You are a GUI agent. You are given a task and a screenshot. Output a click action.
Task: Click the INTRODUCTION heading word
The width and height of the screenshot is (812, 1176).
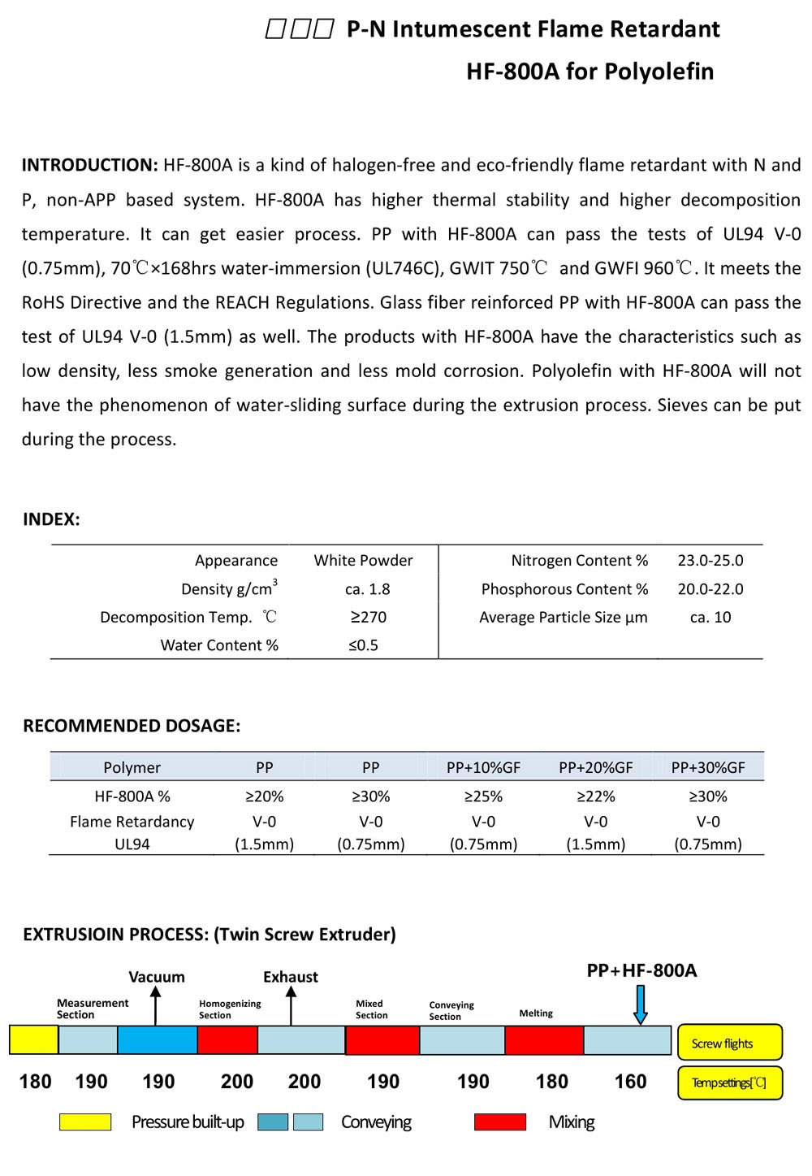pos(89,165)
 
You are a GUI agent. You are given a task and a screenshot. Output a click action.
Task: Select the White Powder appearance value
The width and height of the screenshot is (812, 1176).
pos(363,560)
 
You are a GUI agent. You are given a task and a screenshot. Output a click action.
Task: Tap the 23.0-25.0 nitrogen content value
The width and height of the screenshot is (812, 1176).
pos(710,560)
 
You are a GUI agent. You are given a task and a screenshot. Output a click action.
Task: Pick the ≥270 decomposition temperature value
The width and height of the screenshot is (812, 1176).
pos(368,617)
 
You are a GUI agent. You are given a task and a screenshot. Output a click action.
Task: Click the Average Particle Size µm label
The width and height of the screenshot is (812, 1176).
pos(563,617)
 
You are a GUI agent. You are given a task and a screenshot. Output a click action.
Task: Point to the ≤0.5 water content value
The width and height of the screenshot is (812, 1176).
pos(363,645)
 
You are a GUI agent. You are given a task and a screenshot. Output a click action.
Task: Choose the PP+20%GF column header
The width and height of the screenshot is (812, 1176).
pos(595,767)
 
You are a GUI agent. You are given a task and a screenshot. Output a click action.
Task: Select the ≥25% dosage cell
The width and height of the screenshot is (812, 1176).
pos(483,796)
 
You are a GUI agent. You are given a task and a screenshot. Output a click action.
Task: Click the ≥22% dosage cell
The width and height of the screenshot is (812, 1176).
pos(595,796)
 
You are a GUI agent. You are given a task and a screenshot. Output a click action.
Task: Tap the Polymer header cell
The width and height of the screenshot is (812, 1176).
pos(132,767)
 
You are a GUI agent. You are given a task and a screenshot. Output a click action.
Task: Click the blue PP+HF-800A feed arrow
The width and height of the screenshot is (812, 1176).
pos(640,1005)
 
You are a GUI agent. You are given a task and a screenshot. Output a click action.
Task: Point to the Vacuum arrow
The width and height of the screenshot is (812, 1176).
pos(156,1008)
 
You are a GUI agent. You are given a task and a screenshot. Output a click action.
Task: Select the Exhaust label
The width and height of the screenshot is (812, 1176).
pos(290,977)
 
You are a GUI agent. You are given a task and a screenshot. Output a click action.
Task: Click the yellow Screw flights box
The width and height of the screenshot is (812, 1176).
pos(729,1043)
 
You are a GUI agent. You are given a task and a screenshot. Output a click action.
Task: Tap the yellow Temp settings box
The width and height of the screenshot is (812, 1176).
pos(729,1083)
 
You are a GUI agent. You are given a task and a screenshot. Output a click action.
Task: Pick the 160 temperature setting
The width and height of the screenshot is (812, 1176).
pos(630,1082)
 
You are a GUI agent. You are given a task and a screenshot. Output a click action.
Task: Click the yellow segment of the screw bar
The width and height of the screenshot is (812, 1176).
pos(33,1040)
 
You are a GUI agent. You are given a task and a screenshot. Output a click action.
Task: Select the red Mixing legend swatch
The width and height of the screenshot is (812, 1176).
pos(499,1122)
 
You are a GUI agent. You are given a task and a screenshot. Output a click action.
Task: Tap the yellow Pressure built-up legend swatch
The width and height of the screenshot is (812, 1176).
pos(85,1122)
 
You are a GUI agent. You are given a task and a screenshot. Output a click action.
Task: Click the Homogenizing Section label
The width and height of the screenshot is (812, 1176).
pos(230,1009)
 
